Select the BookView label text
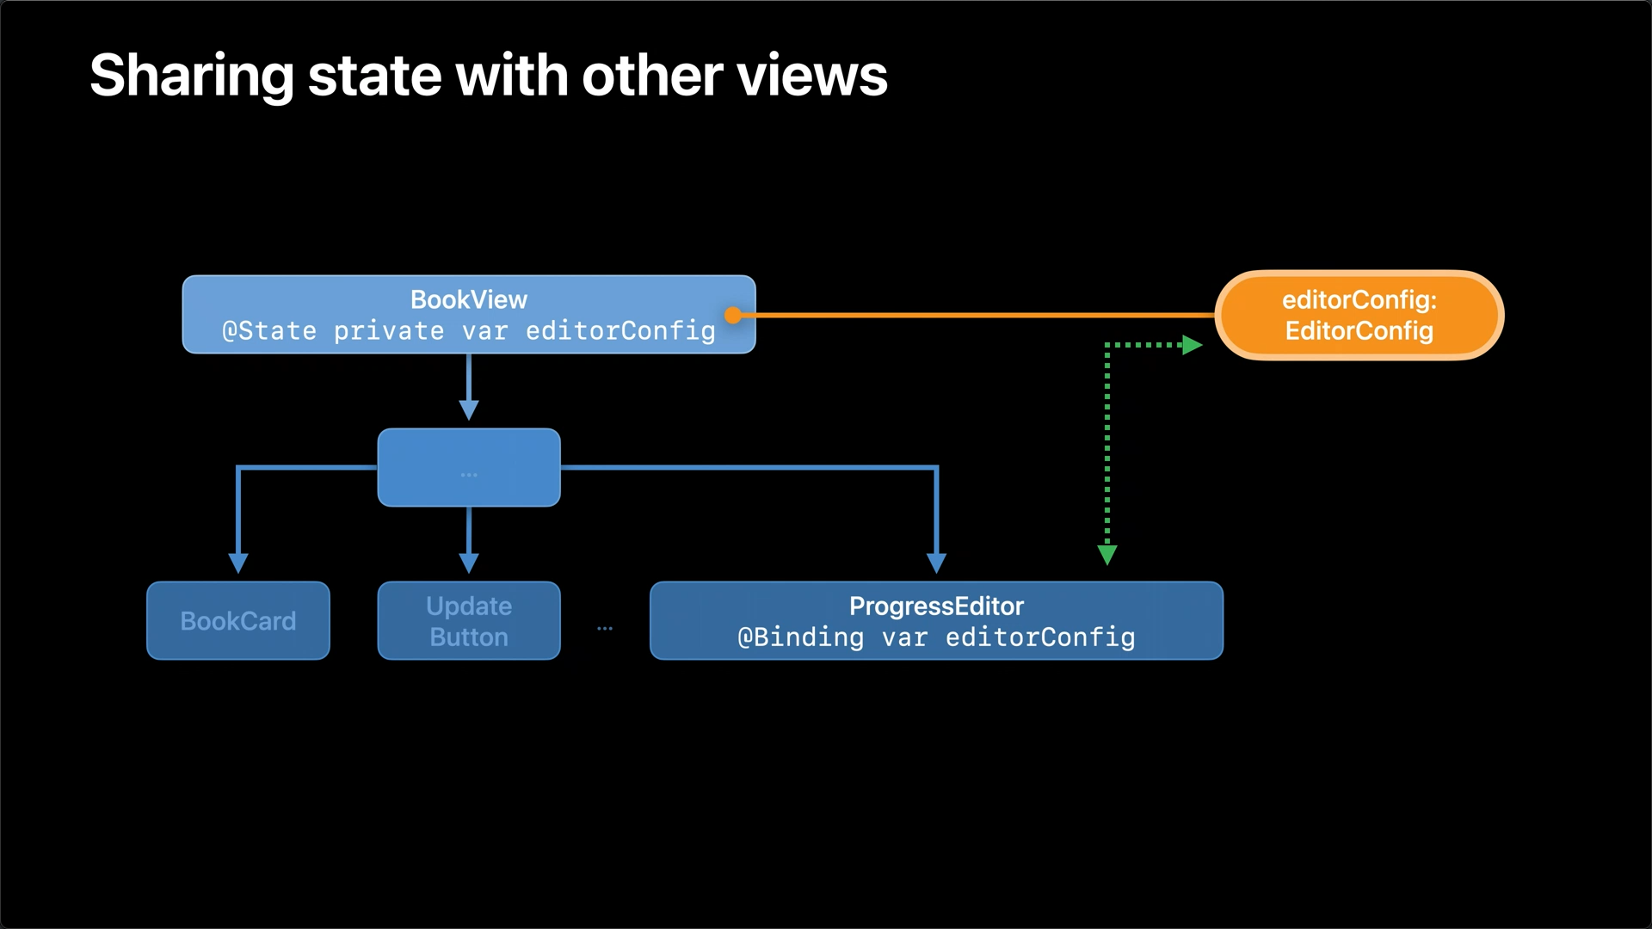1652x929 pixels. pyautogui.click(x=469, y=299)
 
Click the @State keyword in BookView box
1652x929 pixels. pyautogui.click(x=269, y=330)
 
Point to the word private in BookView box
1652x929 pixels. pyautogui.click(x=389, y=331)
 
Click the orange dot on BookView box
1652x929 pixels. pyautogui.click(x=733, y=316)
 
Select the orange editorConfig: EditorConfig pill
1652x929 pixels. pyautogui.click(x=1359, y=315)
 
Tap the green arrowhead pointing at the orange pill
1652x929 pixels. pyautogui.click(x=1193, y=345)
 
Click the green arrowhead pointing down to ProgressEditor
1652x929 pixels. pyautogui.click(x=1107, y=555)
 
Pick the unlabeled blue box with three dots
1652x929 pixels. pyautogui.click(x=469, y=467)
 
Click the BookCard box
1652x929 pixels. pyautogui.click(x=238, y=620)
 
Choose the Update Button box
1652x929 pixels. pyautogui.click(x=469, y=620)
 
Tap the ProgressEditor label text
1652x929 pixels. pyautogui.click(x=936, y=606)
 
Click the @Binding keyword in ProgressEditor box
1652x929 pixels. pyautogui.click(x=800, y=637)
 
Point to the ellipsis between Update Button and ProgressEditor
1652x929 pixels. pyautogui.click(x=605, y=629)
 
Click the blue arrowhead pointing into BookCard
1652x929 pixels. pyautogui.click(x=238, y=563)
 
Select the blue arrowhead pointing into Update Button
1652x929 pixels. pyautogui.click(x=469, y=563)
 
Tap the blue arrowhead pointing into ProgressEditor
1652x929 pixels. pyautogui.click(x=936, y=563)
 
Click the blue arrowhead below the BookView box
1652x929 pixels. pyautogui.click(x=469, y=410)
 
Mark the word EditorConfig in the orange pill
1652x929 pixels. pyautogui.click(x=1359, y=331)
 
